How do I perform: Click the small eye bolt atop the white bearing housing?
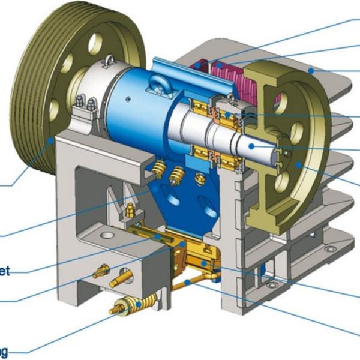pos(109,60)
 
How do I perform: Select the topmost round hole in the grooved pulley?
pos(95,43)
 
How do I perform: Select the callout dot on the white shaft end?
pos(253,146)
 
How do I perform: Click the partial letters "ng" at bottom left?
pos(4,350)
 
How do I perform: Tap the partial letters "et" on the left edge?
pos(5,270)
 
